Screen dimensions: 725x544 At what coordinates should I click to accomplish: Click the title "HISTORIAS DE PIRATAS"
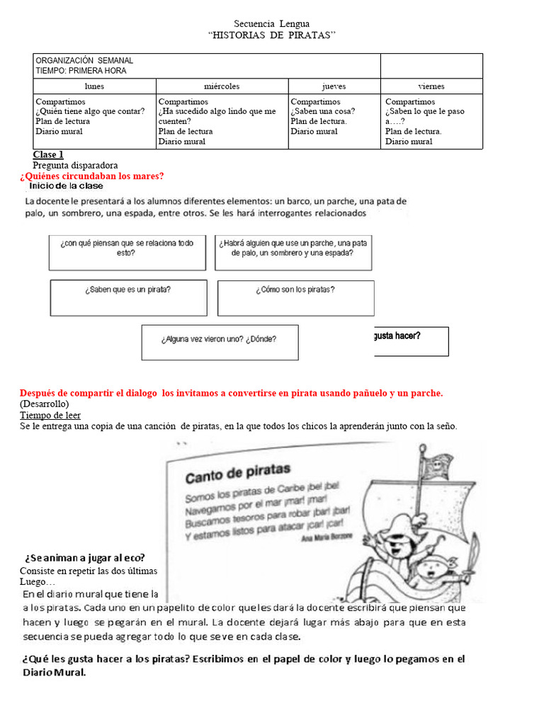point(272,35)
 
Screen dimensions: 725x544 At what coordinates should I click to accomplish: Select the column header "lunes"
point(94,86)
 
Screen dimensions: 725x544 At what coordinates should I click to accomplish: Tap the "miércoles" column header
point(222,86)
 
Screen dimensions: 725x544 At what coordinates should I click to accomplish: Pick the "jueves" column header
point(334,86)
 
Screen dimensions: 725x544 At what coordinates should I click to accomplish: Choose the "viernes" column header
point(431,86)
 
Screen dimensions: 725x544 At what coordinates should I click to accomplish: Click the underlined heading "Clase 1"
point(48,154)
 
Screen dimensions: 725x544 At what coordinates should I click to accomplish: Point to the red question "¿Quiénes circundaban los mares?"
point(92,176)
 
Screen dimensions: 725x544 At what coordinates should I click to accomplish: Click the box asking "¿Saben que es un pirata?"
point(128,297)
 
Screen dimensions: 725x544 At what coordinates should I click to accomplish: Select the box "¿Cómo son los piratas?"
point(295,297)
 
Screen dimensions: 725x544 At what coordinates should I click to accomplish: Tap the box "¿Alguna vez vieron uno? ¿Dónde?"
point(220,342)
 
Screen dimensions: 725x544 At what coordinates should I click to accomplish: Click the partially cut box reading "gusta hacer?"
point(409,341)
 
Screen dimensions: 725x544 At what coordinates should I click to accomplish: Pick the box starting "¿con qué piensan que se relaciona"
point(127,252)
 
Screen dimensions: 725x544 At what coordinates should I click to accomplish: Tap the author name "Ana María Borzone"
point(327,539)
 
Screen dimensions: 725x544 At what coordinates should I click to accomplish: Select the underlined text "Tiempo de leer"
point(50,415)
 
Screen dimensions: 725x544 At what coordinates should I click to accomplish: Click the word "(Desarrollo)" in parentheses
point(45,404)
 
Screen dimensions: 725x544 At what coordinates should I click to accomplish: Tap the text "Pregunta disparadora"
point(75,165)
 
